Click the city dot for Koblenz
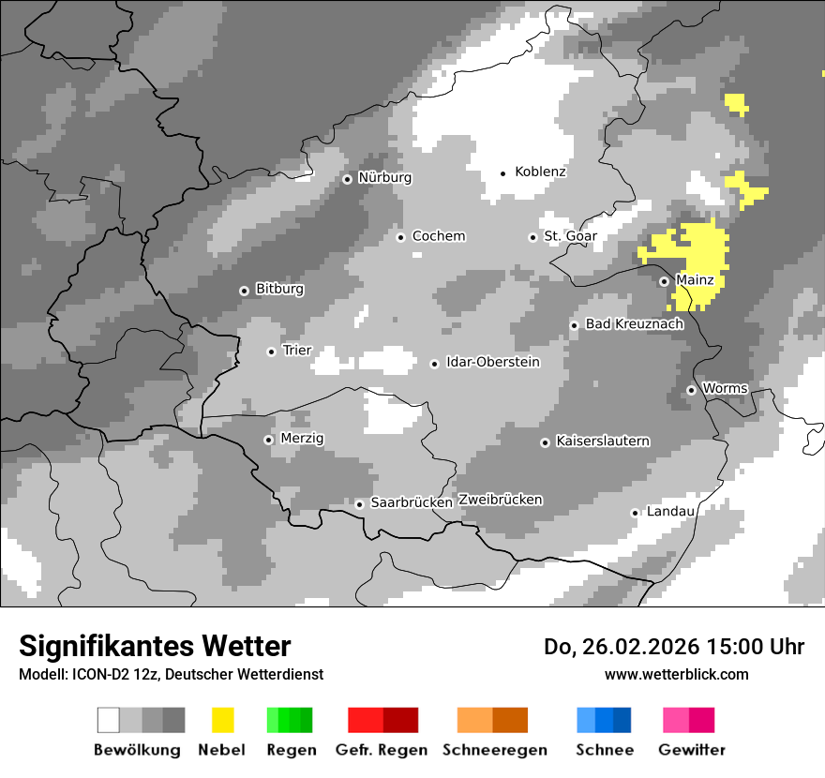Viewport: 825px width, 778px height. pos(503,173)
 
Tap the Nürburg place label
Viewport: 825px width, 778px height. pos(384,178)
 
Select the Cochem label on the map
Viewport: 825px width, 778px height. pos(438,236)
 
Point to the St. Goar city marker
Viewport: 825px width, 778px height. pos(532,237)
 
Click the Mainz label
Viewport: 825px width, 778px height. pos(695,280)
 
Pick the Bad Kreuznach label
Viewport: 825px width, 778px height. pos(634,324)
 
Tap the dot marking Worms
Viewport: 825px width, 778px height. pos(691,390)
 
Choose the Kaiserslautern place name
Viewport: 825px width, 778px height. pos(603,441)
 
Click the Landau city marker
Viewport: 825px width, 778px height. pos(635,513)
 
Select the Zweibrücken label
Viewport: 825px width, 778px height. pos(500,500)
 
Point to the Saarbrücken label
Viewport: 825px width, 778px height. pos(412,503)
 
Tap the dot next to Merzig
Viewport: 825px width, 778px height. pos(268,440)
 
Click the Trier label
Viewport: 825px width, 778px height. pos(296,351)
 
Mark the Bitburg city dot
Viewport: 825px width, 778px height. pos(244,291)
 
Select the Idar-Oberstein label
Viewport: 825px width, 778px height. pos(493,363)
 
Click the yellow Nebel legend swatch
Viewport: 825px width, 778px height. pos(222,720)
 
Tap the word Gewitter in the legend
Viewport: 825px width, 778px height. pos(692,750)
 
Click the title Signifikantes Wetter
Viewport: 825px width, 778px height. pos(155,646)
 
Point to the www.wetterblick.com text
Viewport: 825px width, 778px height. pos(676,674)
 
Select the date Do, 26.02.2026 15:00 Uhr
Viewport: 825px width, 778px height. pos(674,647)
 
